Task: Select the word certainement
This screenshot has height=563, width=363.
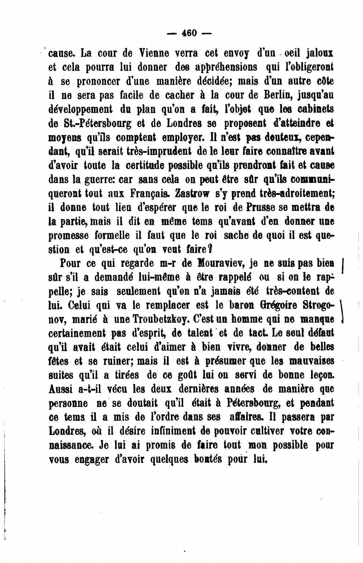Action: pos(77,333)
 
